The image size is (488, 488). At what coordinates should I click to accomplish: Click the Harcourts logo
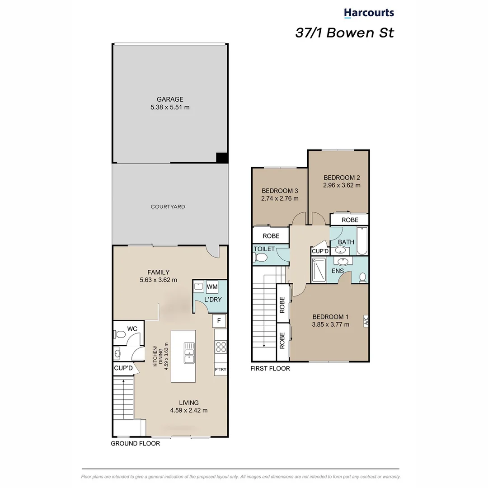[369, 13]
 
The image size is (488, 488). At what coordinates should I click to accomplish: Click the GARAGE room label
[170, 99]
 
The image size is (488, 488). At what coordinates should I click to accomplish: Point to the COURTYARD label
[168, 206]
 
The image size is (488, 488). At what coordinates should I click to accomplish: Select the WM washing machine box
[212, 286]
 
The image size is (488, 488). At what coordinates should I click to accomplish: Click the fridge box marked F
[219, 321]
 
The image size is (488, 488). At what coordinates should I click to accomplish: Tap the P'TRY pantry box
[220, 370]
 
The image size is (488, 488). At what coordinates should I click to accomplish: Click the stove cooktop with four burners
[221, 347]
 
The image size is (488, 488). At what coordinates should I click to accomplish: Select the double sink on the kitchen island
[189, 352]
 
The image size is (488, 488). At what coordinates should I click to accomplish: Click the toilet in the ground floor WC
[120, 334]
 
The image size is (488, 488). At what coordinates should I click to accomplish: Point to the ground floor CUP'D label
[123, 369]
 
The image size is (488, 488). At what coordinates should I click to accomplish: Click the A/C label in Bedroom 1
[366, 322]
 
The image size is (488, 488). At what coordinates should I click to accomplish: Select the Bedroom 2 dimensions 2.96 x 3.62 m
[342, 185]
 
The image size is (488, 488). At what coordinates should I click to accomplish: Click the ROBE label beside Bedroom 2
[349, 220]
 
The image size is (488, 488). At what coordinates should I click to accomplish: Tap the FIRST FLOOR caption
[270, 369]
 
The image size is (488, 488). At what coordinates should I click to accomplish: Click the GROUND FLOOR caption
[135, 444]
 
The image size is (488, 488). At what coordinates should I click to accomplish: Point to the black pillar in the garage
[221, 158]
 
